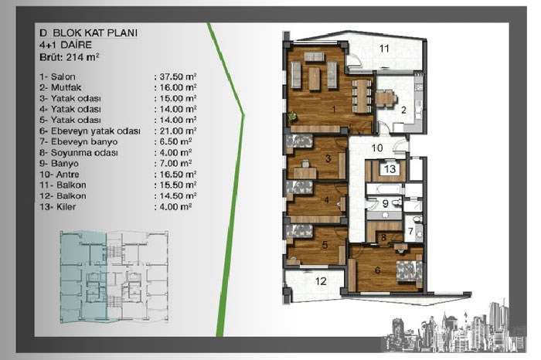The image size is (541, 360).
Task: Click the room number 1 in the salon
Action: pos(334,109)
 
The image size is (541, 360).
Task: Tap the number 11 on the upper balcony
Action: pos(384,49)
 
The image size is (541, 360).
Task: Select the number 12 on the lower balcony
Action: pos(321,281)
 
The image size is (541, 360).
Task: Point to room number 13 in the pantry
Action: pos(390,169)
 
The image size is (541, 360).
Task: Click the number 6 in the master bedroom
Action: pos(377,270)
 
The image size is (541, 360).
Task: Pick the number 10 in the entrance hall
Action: pos(377,148)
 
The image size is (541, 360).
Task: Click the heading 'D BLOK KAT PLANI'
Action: pos(89,32)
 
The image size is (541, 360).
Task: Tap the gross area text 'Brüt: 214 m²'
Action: pos(70,57)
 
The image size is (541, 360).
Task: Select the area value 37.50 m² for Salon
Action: pos(178,76)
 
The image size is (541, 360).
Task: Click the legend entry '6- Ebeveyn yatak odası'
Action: pos(90,131)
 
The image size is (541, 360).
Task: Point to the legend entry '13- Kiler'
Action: pos(58,206)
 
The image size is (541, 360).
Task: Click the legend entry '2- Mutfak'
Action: pos(60,87)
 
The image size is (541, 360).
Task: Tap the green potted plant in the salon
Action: pos(293,116)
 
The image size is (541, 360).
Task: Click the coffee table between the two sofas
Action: pos(314,79)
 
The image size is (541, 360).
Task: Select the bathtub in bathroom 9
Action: pos(384,189)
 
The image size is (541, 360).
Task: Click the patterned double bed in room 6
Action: pos(410,271)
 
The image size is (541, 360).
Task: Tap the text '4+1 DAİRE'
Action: pos(66,45)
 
